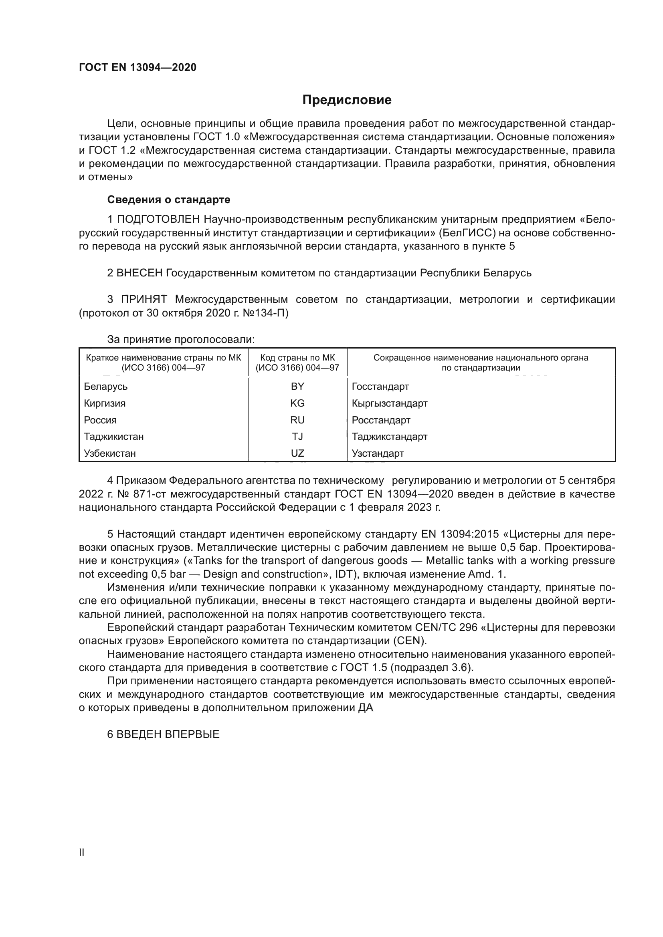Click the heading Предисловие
click(347, 100)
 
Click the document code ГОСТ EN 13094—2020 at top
click(137, 67)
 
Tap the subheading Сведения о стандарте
click(169, 199)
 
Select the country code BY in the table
click(297, 387)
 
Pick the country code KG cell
click(297, 403)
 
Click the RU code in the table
click(297, 420)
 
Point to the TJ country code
click(297, 437)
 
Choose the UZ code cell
click(297, 453)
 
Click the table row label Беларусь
click(106, 387)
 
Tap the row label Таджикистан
click(114, 437)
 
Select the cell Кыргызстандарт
click(390, 403)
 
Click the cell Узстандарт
click(378, 453)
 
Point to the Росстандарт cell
click(381, 420)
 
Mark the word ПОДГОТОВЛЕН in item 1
click(158, 220)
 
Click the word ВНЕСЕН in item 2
click(139, 273)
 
